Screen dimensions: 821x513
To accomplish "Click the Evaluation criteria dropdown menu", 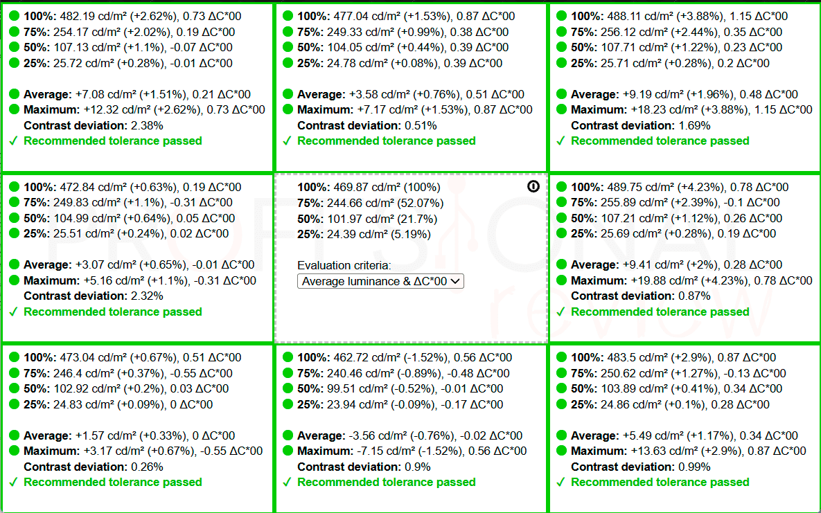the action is [x=380, y=281].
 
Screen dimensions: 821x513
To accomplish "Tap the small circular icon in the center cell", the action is [x=533, y=186].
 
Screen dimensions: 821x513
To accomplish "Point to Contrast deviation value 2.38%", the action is [x=147, y=125].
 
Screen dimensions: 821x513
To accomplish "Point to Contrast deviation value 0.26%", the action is [x=147, y=467].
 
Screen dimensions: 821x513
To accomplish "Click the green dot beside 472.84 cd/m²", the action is [x=14, y=187].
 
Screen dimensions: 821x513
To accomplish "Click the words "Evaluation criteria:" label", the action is [x=344, y=265].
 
